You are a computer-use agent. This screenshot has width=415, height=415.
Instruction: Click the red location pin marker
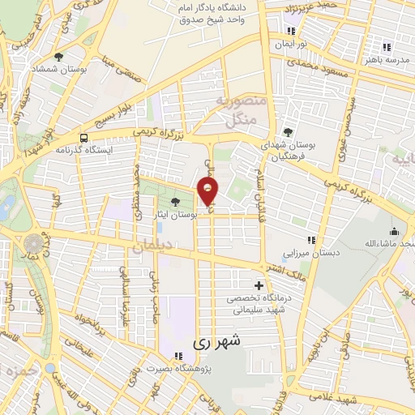point(208,191)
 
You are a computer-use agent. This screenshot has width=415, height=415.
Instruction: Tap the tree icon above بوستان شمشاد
point(59,56)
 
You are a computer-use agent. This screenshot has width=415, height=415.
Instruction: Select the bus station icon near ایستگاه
point(84,138)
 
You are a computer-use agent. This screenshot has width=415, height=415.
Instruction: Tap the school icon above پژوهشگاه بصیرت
point(178,356)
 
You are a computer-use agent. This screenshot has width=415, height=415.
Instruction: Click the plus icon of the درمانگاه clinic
point(259,285)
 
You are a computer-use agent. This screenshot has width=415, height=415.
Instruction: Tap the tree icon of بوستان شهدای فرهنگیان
point(288,131)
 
